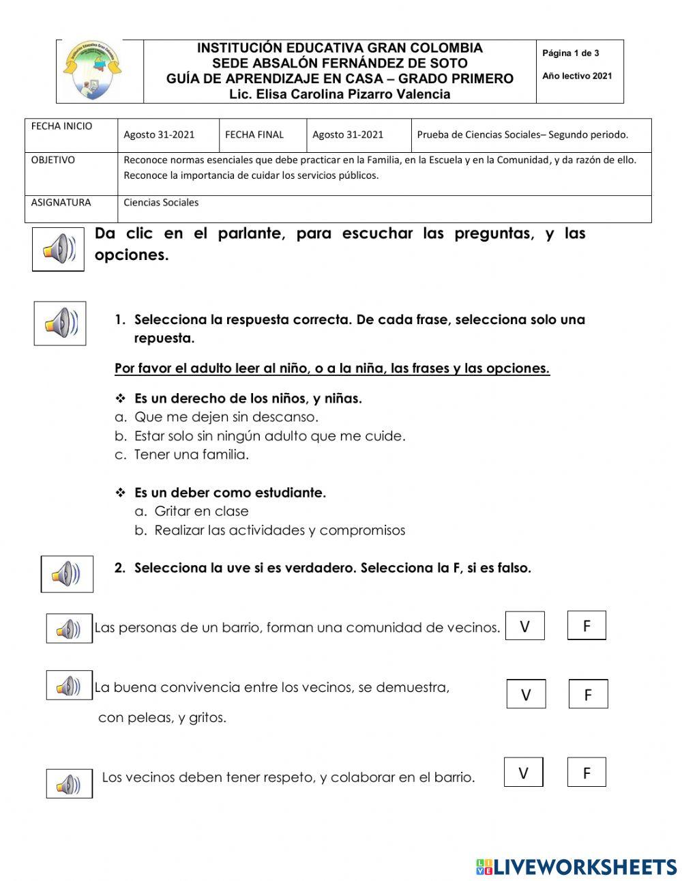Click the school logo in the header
tap(93, 71)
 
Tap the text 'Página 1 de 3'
tap(571, 53)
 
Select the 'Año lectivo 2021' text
tap(577, 76)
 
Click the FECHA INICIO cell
tap(61, 126)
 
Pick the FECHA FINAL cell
tap(254, 134)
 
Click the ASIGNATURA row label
tap(61, 203)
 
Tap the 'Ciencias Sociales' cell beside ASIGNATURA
tap(161, 203)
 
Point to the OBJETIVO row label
tap(53, 160)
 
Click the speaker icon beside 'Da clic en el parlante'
tap(59, 249)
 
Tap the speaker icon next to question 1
tap(60, 323)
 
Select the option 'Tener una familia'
tap(191, 454)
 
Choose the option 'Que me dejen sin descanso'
tap(226, 417)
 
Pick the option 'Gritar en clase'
tap(201, 511)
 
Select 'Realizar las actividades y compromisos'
tap(280, 530)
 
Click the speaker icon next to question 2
tap(67, 574)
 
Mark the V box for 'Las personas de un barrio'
tap(524, 626)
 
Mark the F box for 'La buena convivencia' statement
tap(588, 694)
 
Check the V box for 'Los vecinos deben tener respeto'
tap(523, 772)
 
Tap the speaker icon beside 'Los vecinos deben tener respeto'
tap(69, 783)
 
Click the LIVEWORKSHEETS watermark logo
tap(576, 867)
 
